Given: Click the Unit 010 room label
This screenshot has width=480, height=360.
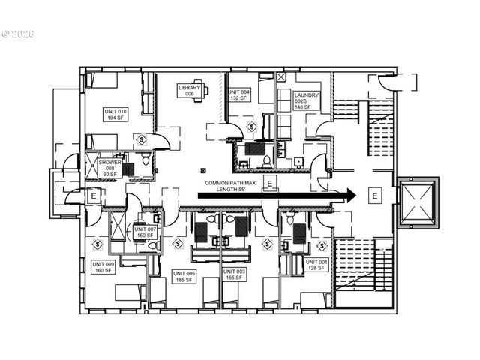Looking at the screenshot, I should pyautogui.click(x=115, y=114).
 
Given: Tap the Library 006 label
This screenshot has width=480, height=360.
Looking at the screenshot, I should pyautogui.click(x=189, y=91).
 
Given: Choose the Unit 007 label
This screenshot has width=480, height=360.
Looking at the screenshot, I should pyautogui.click(x=146, y=232).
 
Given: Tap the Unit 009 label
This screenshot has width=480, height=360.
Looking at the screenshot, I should pyautogui.click(x=103, y=268).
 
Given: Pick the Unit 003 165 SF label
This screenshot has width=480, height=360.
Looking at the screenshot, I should pyautogui.click(x=234, y=275).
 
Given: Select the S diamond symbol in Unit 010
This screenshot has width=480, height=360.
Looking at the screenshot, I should pyautogui.click(x=140, y=139).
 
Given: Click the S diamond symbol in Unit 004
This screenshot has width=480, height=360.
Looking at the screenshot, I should pyautogui.click(x=253, y=125).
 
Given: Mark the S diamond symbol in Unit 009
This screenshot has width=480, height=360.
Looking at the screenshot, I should pyautogui.click(x=97, y=244).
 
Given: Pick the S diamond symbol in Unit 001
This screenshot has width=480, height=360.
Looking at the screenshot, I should pyautogui.click(x=323, y=244).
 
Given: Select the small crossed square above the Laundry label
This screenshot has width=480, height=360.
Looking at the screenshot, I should pyautogui.click(x=281, y=76).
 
